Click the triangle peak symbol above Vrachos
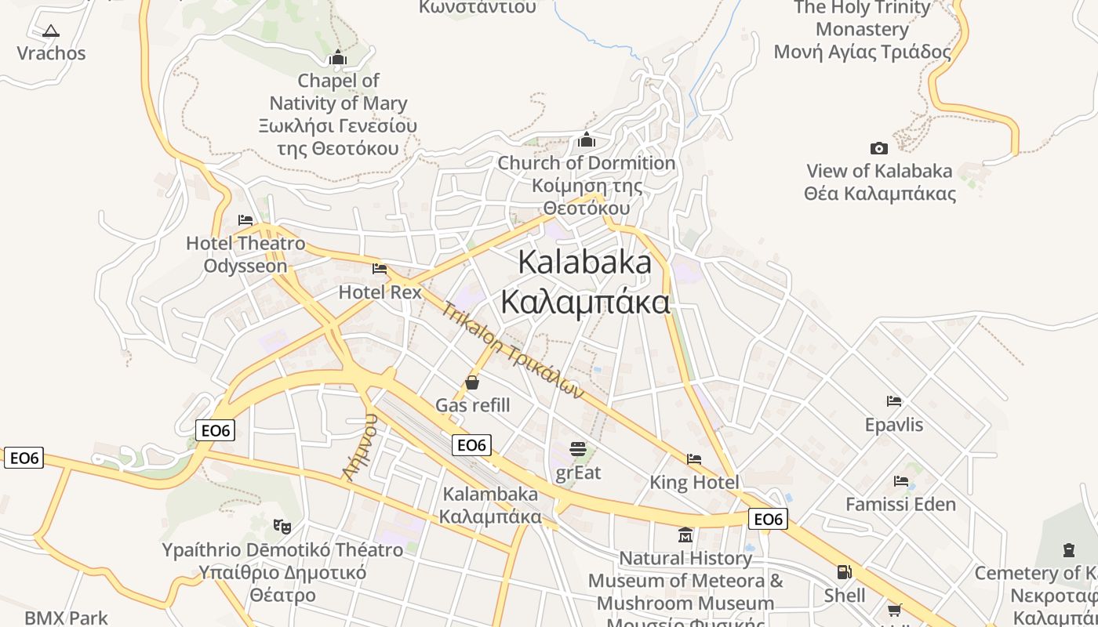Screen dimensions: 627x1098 tap(51, 31)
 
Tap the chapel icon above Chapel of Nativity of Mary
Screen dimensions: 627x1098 tap(338, 57)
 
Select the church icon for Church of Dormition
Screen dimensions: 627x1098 tap(586, 140)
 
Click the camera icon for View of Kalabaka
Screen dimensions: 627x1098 tap(878, 148)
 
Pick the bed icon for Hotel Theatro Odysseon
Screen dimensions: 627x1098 tap(245, 220)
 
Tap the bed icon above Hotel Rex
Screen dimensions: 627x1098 tap(380, 269)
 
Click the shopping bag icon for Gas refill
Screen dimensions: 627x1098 tap(472, 382)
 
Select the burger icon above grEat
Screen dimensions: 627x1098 tap(578, 449)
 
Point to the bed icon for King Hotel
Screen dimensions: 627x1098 tap(693, 459)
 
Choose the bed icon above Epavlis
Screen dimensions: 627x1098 tap(894, 401)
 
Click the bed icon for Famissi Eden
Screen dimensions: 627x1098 tap(901, 481)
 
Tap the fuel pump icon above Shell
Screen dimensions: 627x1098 tap(844, 573)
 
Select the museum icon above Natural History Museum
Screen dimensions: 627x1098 tap(685, 535)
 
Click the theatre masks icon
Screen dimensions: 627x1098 tap(282, 526)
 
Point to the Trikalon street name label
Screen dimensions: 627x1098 tap(514, 350)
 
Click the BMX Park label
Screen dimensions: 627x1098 tap(66, 618)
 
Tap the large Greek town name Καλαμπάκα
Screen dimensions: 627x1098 tap(585, 303)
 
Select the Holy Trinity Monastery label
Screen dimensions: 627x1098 tap(862, 30)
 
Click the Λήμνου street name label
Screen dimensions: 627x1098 tap(360, 447)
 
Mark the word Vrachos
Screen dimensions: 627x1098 tap(51, 53)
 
